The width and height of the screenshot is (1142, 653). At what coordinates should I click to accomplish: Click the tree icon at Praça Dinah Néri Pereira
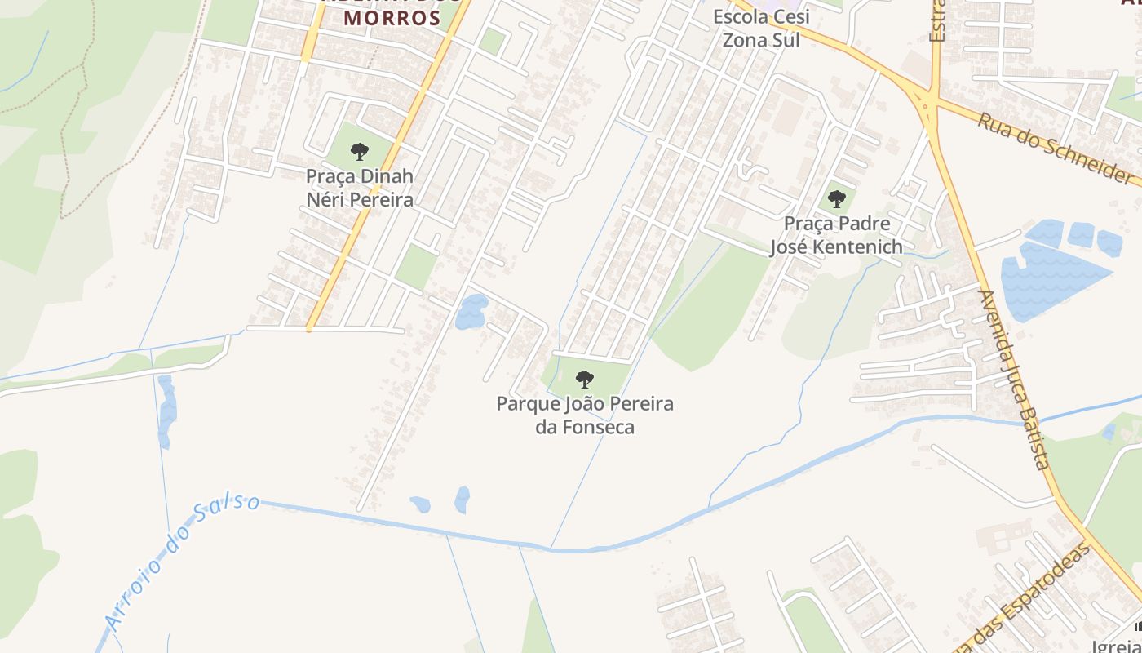click(359, 151)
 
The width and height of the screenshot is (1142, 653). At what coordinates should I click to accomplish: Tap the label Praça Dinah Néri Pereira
click(360, 188)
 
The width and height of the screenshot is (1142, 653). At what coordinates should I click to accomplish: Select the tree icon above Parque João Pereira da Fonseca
click(584, 379)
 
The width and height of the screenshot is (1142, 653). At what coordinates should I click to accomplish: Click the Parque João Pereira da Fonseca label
click(585, 415)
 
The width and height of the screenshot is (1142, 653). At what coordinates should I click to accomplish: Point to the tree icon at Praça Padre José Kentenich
click(836, 198)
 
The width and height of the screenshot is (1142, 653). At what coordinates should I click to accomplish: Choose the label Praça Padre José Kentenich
click(836, 235)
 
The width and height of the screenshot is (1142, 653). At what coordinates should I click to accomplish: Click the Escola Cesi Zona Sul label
click(761, 28)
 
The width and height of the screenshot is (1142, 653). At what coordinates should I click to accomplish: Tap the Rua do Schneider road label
click(1056, 147)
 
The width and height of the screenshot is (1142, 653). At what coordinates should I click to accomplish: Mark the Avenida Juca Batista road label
click(1013, 380)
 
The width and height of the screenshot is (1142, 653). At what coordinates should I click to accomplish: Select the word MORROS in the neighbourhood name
click(392, 18)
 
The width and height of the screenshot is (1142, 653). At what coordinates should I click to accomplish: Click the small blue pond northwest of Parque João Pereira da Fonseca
click(471, 312)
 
